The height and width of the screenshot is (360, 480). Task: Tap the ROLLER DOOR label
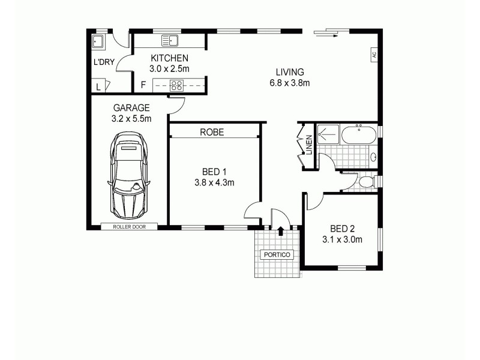[128, 227]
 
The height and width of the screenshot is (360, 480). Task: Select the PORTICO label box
[277, 255]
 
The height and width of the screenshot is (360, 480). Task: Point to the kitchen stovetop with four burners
[177, 85]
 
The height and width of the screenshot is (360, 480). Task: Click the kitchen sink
[170, 41]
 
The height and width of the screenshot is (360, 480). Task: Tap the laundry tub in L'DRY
[98, 41]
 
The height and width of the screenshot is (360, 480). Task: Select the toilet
[367, 181]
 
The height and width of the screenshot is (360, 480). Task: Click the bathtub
[359, 134]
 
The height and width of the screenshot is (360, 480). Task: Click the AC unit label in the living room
[373, 54]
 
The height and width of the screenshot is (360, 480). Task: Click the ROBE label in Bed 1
[212, 132]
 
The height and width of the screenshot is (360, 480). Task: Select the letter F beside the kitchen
[143, 85]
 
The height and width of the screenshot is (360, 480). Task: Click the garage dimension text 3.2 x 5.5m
[131, 119]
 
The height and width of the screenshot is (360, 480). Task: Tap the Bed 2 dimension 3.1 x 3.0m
[343, 240]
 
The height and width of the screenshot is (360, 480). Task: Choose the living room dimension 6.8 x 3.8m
[290, 83]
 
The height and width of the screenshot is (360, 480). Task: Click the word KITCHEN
[170, 58]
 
